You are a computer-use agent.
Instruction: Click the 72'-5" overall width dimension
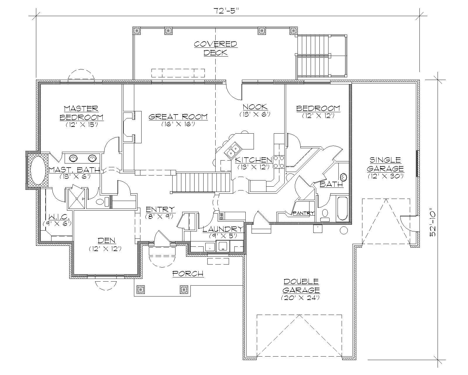[x=227, y=11]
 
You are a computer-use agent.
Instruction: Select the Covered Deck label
[x=215, y=48]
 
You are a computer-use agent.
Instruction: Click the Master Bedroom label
[x=81, y=113]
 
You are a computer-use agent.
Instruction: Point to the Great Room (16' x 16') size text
[x=178, y=124]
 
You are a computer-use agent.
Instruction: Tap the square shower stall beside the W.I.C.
[x=77, y=199]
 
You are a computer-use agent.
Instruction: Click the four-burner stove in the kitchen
[x=278, y=162]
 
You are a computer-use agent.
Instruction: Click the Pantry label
[x=303, y=213]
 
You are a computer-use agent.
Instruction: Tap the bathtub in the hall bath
[x=342, y=209]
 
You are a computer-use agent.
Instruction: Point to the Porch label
[x=188, y=274]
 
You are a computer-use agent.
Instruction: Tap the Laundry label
[x=223, y=229]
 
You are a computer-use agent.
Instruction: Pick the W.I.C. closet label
[x=58, y=217]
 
